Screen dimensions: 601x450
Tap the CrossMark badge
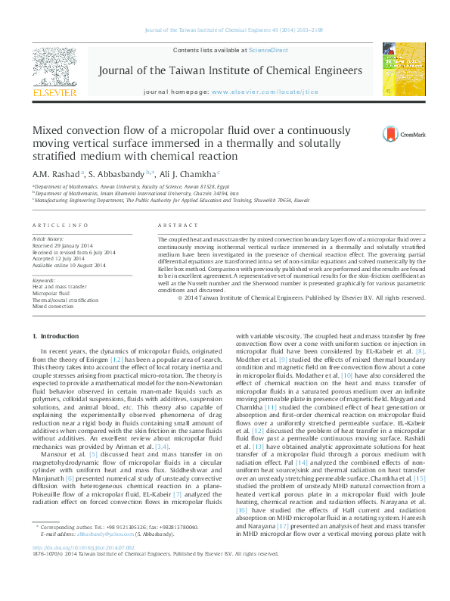point(393,134)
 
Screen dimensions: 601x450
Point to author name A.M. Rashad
point(56,173)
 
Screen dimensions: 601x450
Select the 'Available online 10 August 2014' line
point(69,266)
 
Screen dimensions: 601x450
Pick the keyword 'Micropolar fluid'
point(53,294)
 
